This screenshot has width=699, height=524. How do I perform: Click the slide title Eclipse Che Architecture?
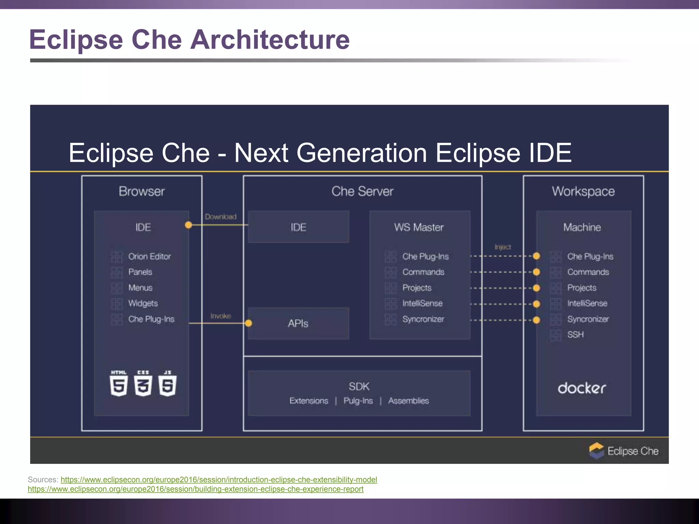tap(189, 40)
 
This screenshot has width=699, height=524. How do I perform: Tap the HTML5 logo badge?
tap(119, 383)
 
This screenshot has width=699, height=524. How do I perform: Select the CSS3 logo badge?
tap(143, 383)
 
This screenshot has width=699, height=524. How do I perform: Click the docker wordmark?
tap(582, 388)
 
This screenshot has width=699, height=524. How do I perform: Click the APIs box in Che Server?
tap(298, 323)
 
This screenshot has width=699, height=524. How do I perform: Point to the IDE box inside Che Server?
tap(298, 227)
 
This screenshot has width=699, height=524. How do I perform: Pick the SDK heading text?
tap(359, 387)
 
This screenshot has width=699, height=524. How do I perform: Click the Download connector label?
tap(220, 217)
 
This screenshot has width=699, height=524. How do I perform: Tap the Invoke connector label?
tap(220, 316)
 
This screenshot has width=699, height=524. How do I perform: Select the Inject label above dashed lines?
tap(502, 247)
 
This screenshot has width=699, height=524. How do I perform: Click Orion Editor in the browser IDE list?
tap(149, 257)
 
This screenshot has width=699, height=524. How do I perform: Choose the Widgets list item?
tap(143, 303)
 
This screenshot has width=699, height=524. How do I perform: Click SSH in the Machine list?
tap(575, 335)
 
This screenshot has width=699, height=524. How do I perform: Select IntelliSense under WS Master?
tap(422, 303)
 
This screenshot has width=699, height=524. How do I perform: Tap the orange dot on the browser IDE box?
tap(188, 225)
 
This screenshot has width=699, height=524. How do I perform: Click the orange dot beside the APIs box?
tap(248, 323)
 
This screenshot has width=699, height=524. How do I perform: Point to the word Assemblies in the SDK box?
tap(408, 401)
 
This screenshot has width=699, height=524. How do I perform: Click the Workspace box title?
tap(583, 191)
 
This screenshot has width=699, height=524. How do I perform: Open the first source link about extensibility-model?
tap(219, 480)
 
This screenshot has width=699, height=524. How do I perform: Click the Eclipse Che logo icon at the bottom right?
tap(597, 451)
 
